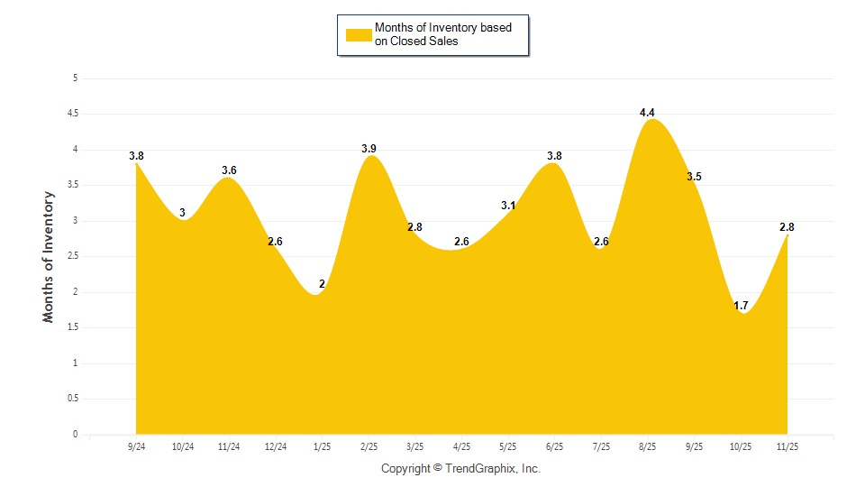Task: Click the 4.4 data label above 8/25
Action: pyautogui.click(x=647, y=113)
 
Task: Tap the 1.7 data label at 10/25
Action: pyautogui.click(x=741, y=307)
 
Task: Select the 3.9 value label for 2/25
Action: pyautogui.click(x=369, y=149)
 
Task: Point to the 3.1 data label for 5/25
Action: pyautogui.click(x=508, y=207)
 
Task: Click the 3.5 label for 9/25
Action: pyautogui.click(x=694, y=177)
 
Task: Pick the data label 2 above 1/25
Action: pyautogui.click(x=322, y=285)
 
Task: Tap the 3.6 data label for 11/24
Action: pyautogui.click(x=229, y=170)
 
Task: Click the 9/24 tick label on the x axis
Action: pyautogui.click(x=137, y=447)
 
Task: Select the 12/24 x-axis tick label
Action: pyautogui.click(x=276, y=447)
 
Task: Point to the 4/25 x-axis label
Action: pyautogui.click(x=461, y=447)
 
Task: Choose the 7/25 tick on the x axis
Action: pyautogui.click(x=601, y=447)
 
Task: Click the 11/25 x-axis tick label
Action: pyautogui.click(x=787, y=447)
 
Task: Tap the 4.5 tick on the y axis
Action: pyautogui.click(x=71, y=114)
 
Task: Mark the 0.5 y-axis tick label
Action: pyautogui.click(x=71, y=399)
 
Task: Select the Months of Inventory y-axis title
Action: pyautogui.click(x=49, y=256)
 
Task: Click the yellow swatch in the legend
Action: pyautogui.click(x=359, y=35)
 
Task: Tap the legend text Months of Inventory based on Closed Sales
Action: pyautogui.click(x=442, y=34)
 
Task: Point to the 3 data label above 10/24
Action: pyautogui.click(x=183, y=214)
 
